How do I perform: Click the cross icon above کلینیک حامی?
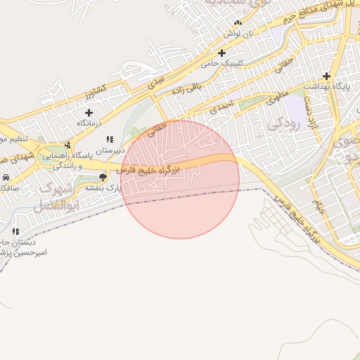pos(222,53)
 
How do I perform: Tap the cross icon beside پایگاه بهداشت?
pos(326,76)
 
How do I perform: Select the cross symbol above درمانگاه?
pos(89,112)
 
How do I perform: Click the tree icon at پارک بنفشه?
pos(103,176)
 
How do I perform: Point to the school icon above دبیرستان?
pos(109,139)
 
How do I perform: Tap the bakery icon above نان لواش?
pos(238,22)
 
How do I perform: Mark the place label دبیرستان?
pos(110,150)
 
